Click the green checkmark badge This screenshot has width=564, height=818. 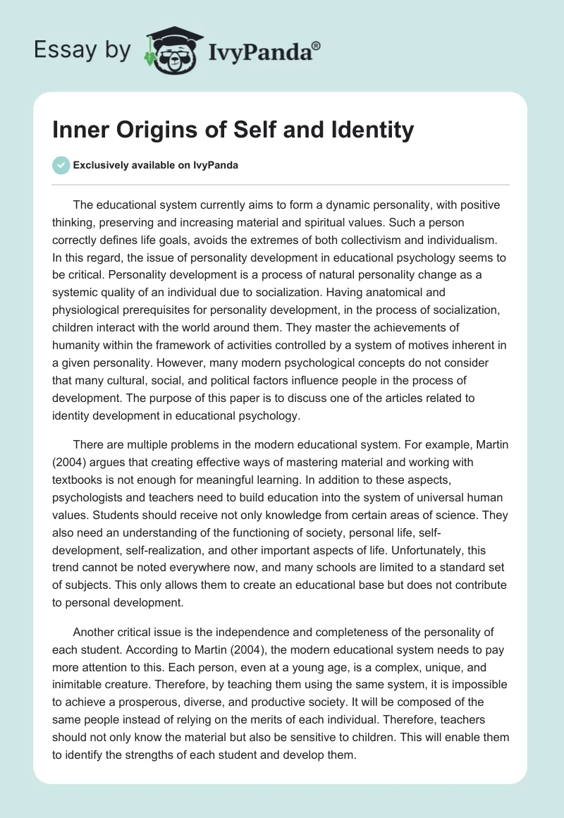click(x=61, y=165)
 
